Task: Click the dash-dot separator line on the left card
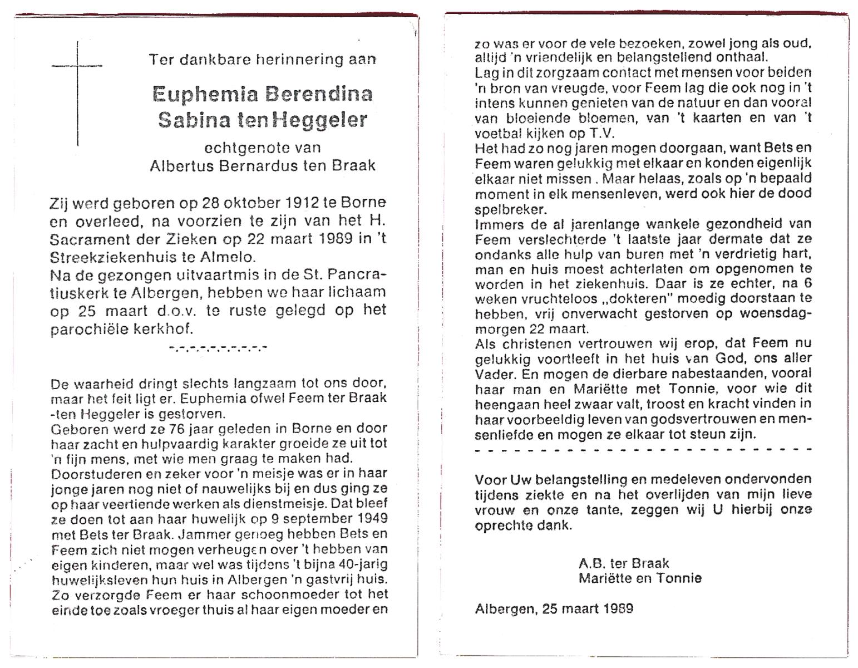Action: pyautogui.click(x=218, y=348)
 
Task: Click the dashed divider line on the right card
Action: pyautogui.click(x=643, y=449)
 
